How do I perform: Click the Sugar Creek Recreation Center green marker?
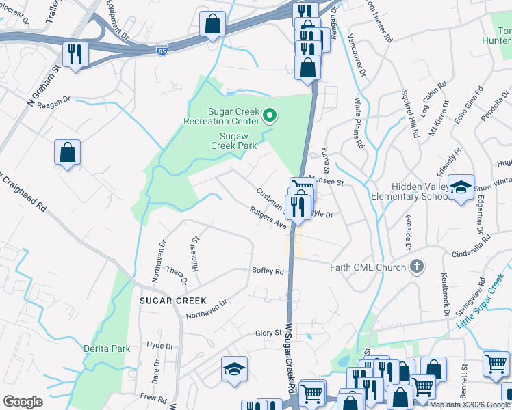tap(269, 115)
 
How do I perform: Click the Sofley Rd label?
tap(268, 271)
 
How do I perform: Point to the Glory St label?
tap(268, 333)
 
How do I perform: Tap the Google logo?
tap(23, 402)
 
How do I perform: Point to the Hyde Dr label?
tap(159, 346)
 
